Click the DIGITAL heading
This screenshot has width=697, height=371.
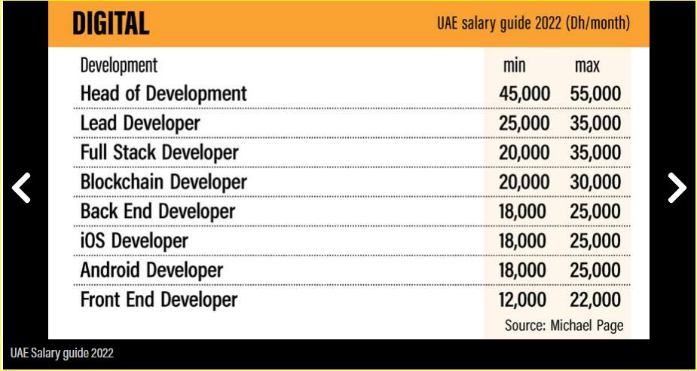pos(111,23)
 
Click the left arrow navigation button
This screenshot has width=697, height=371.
pos(22,188)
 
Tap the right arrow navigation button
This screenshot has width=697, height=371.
pos(676,188)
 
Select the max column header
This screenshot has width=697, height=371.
pos(587,66)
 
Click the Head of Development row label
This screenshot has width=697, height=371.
pos(164,94)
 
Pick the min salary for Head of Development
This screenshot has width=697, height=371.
pos(524,94)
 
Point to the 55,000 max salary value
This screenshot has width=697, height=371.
pos(595,94)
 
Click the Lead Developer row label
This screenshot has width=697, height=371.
pos(140,124)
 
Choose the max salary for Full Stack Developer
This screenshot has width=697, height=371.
pos(595,153)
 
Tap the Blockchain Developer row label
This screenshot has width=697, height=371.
pos(164,182)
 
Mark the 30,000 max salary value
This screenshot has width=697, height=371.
pos(595,182)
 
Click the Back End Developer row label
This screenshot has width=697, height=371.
pos(157,212)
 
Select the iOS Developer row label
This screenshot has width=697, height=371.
pos(134,241)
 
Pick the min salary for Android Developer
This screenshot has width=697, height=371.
pos(524,270)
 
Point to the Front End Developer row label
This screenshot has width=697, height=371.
pos(159,299)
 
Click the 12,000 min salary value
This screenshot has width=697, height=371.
pos(524,299)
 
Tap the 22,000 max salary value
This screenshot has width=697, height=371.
pos(595,299)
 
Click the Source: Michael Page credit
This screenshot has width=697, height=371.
pos(564,326)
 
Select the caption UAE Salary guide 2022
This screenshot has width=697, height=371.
pos(62,353)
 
